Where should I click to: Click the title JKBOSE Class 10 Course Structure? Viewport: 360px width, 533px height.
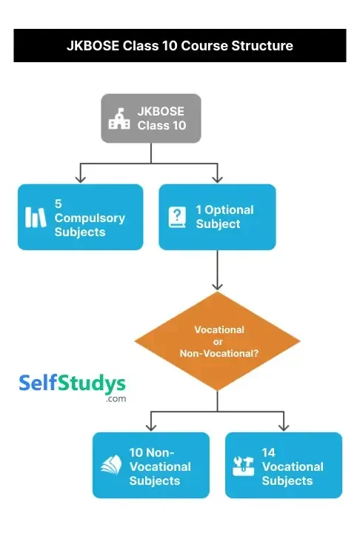point(180,46)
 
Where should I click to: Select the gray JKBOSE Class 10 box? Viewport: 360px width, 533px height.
point(151,118)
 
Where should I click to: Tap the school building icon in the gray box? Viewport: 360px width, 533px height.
point(119,118)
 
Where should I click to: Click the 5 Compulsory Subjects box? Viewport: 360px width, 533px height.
point(80,217)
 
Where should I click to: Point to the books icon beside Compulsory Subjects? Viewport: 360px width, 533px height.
point(36,217)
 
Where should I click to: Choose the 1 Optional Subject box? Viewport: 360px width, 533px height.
point(217,217)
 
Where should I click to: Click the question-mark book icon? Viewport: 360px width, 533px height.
point(177,217)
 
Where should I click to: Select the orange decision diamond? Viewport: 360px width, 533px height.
point(217,341)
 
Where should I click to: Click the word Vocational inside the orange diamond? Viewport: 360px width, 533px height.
point(219,329)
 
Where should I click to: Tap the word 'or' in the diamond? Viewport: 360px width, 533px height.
point(219,341)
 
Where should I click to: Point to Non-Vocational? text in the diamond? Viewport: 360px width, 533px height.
point(219,354)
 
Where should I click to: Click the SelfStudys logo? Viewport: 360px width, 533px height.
point(72,384)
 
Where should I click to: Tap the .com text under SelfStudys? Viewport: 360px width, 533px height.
point(116,399)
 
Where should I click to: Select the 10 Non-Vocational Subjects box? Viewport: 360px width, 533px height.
point(151,466)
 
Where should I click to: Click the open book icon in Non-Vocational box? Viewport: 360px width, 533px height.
point(110,466)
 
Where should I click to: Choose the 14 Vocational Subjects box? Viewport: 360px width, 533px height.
point(284,466)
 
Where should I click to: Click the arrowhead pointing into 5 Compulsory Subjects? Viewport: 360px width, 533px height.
point(81,178)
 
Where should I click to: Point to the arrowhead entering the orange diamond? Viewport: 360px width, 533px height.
point(217,286)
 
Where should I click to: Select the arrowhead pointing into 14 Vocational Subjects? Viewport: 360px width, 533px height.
point(284,427)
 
